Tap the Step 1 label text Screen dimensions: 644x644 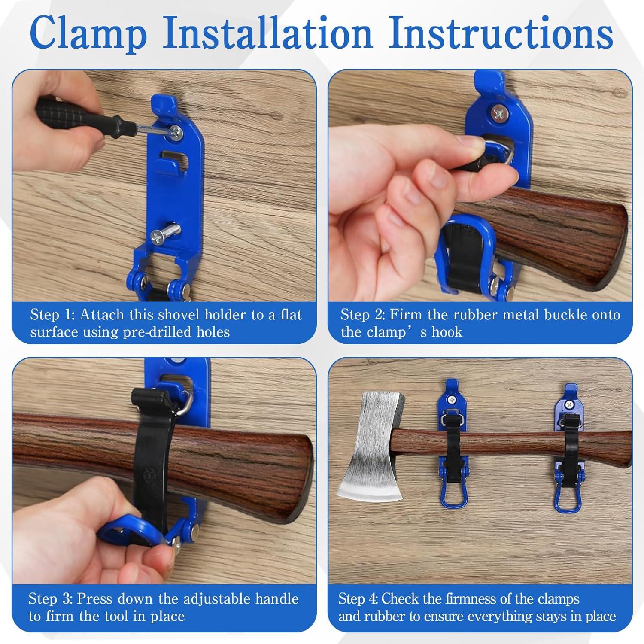[52, 315]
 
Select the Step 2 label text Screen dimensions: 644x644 [362, 315]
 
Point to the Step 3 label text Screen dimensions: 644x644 [51, 598]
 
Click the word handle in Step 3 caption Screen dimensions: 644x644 [276, 598]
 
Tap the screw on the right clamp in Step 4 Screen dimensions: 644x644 [569, 404]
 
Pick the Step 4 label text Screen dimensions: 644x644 [359, 598]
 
